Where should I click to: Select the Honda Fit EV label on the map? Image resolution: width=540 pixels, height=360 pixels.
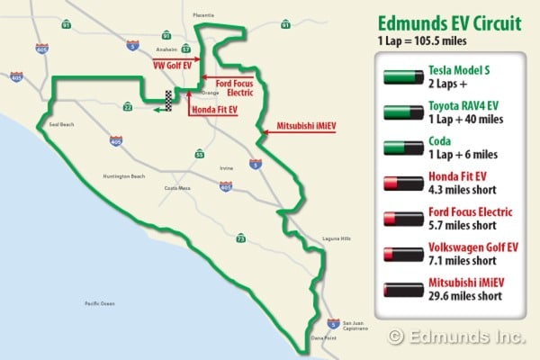point(214,112)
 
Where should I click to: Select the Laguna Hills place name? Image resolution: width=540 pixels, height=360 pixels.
point(336,238)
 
